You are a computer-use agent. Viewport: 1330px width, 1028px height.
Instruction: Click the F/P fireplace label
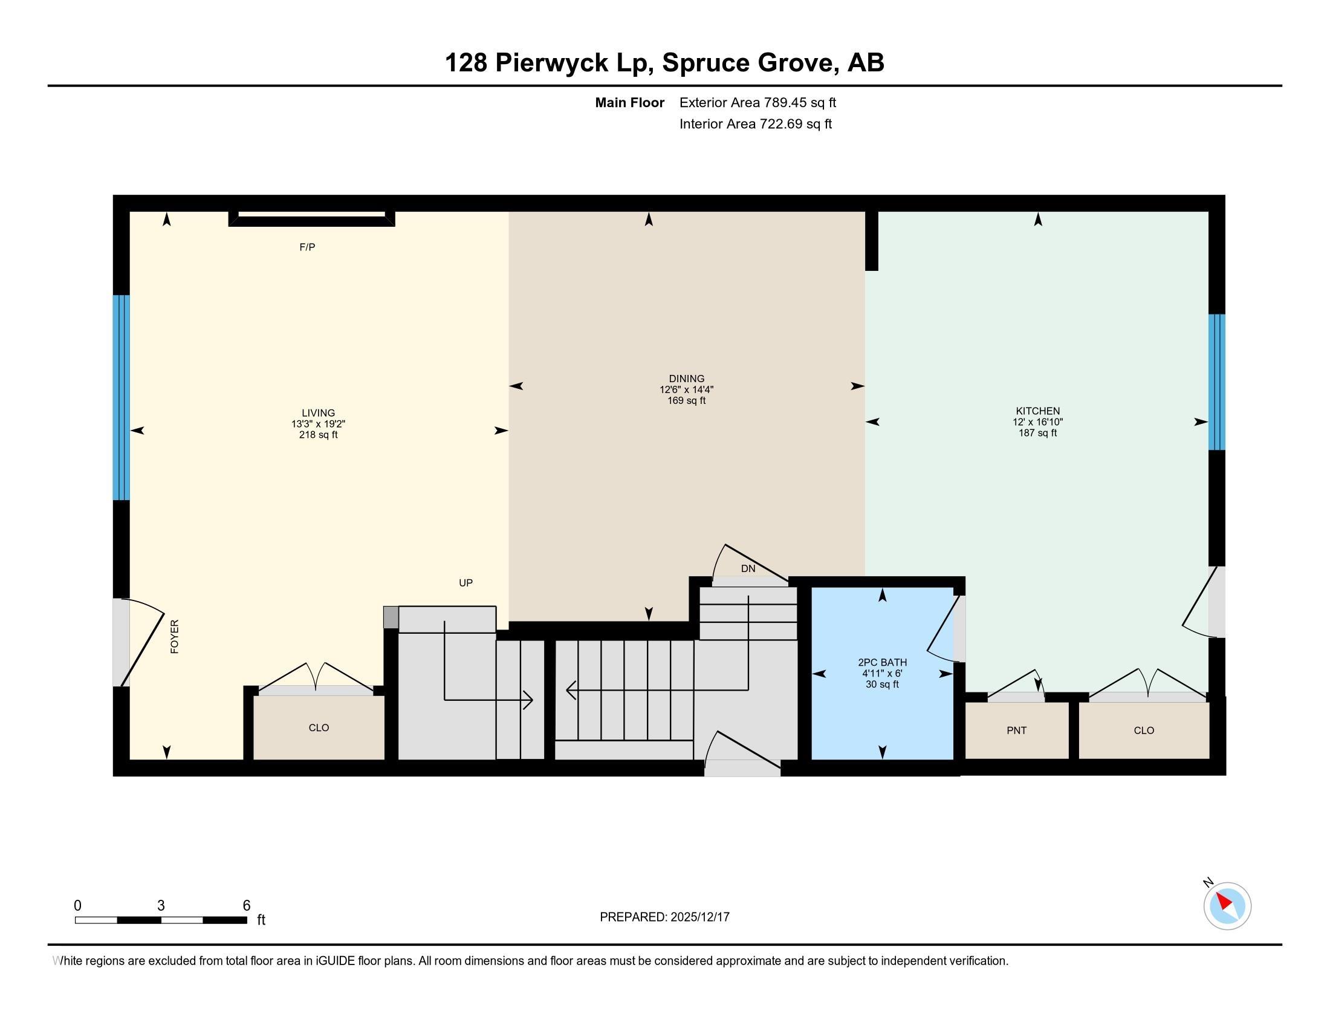click(307, 247)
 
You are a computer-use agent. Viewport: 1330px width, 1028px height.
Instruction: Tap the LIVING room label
click(318, 413)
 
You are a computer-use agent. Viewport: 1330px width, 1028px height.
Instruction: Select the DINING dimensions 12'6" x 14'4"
click(686, 390)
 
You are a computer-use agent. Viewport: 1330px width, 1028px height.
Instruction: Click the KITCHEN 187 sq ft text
click(1037, 433)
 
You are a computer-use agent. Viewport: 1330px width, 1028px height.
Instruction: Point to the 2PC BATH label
click(882, 663)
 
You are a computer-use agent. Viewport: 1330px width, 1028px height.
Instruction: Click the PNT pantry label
click(1016, 731)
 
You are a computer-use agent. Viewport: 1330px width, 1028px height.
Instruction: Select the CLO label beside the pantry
click(1144, 731)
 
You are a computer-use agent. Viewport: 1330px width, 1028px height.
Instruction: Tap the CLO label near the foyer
click(319, 727)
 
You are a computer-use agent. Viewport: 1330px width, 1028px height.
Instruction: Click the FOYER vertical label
click(175, 637)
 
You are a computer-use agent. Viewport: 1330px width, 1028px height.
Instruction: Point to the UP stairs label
click(465, 583)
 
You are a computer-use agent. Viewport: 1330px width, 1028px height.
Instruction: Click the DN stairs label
click(748, 569)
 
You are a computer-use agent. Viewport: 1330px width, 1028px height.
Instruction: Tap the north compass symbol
click(1227, 906)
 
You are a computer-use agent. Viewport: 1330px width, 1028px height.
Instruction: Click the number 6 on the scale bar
click(247, 906)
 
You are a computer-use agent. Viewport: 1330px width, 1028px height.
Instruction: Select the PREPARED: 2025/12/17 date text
click(664, 917)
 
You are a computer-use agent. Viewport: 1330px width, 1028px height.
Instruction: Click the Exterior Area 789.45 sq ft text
click(757, 103)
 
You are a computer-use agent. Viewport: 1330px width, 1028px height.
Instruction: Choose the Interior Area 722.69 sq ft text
click(755, 124)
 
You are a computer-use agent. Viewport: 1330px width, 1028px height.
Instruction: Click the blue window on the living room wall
click(121, 397)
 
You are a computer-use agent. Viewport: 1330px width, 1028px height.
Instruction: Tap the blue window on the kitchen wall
click(1216, 382)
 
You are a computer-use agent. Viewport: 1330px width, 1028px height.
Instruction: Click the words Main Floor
click(629, 103)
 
